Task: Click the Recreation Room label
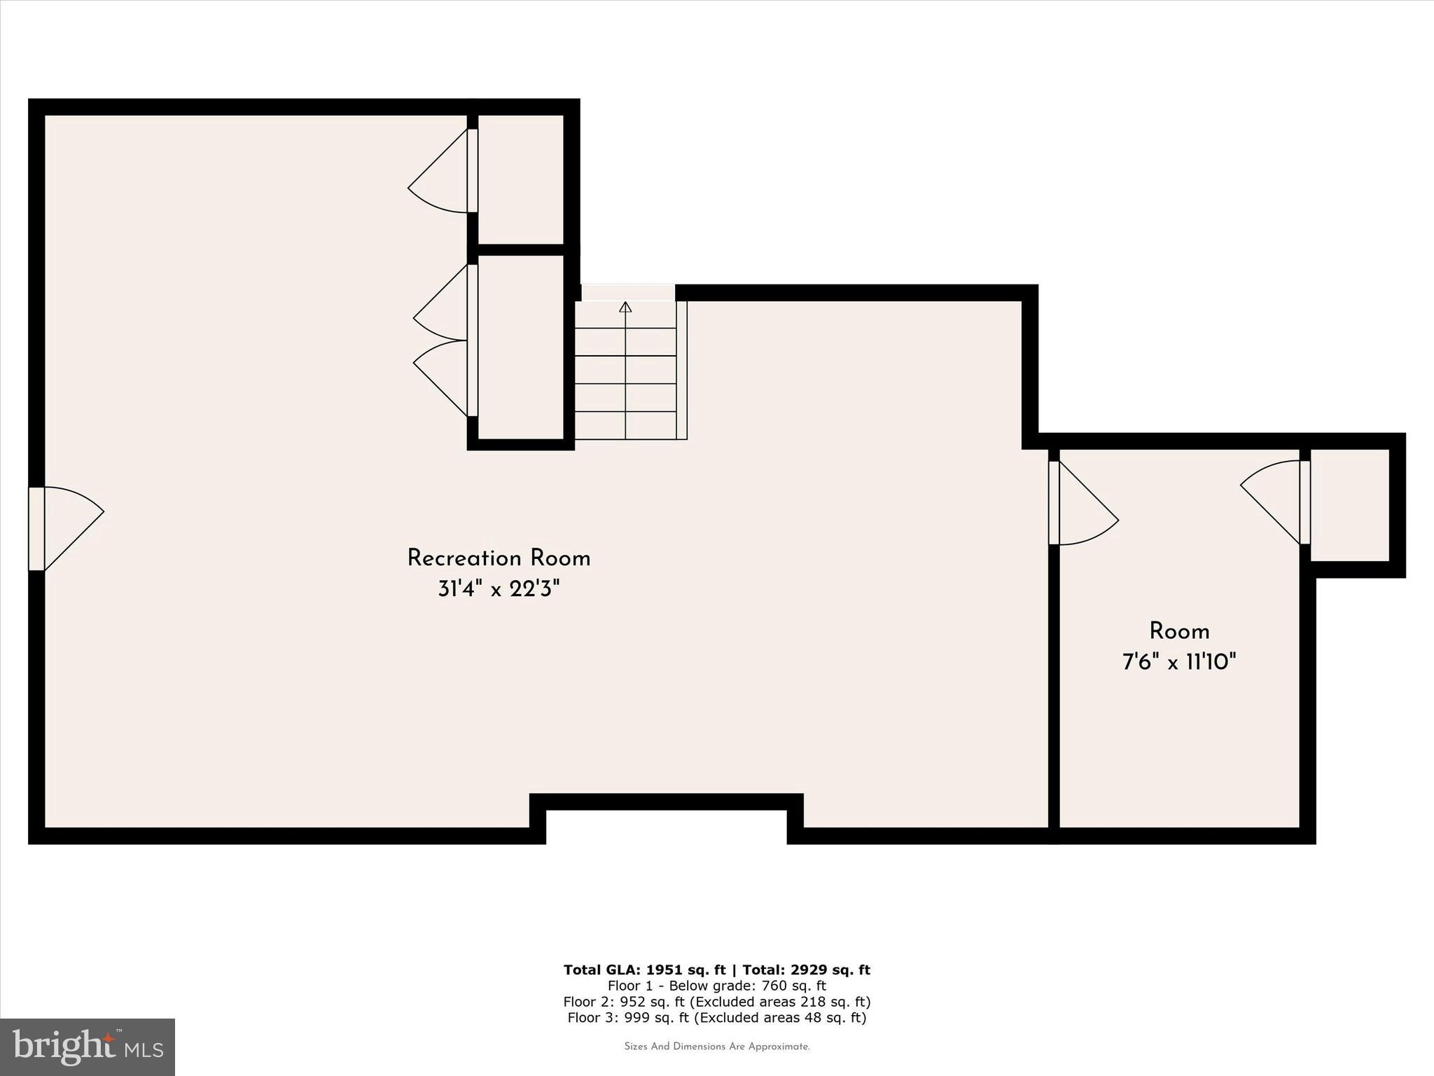coord(499,558)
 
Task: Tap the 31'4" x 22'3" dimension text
coord(499,589)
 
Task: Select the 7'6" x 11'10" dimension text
coord(1179,662)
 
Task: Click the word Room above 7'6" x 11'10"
coord(1179,631)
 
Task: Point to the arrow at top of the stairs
coord(625,307)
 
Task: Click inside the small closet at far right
coord(1349,504)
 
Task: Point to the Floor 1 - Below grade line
coord(716,986)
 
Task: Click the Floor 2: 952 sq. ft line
coord(716,1002)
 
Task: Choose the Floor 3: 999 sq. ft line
coord(716,1018)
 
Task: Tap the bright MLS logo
coord(88,1047)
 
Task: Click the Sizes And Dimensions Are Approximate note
coord(716,1047)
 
